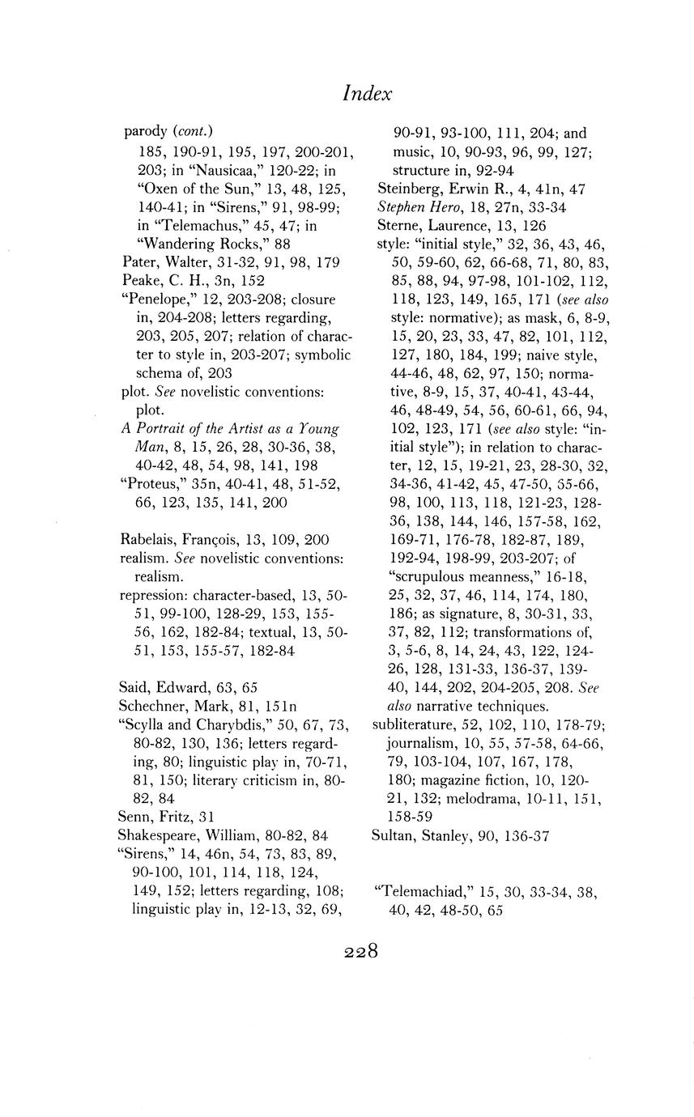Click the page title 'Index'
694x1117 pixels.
tap(367, 93)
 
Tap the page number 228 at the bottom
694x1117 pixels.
tap(361, 951)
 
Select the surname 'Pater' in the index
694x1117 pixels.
tap(138, 262)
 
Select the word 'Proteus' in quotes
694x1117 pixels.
tap(151, 484)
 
